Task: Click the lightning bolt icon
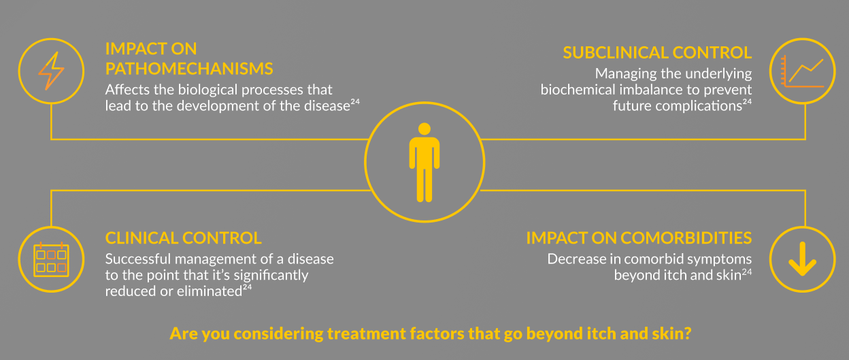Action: click(51, 71)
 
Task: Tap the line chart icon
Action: click(802, 71)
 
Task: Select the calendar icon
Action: click(51, 259)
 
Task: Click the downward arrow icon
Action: click(802, 259)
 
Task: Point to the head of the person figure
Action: click(424, 129)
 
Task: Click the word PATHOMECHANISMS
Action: click(189, 69)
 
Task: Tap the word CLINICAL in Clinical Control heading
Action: click(141, 238)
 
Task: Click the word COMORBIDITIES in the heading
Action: click(686, 238)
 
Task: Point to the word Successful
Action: click(138, 259)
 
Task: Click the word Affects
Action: click(127, 90)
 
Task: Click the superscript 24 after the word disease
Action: click(355, 101)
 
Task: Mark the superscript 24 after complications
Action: click(747, 101)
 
